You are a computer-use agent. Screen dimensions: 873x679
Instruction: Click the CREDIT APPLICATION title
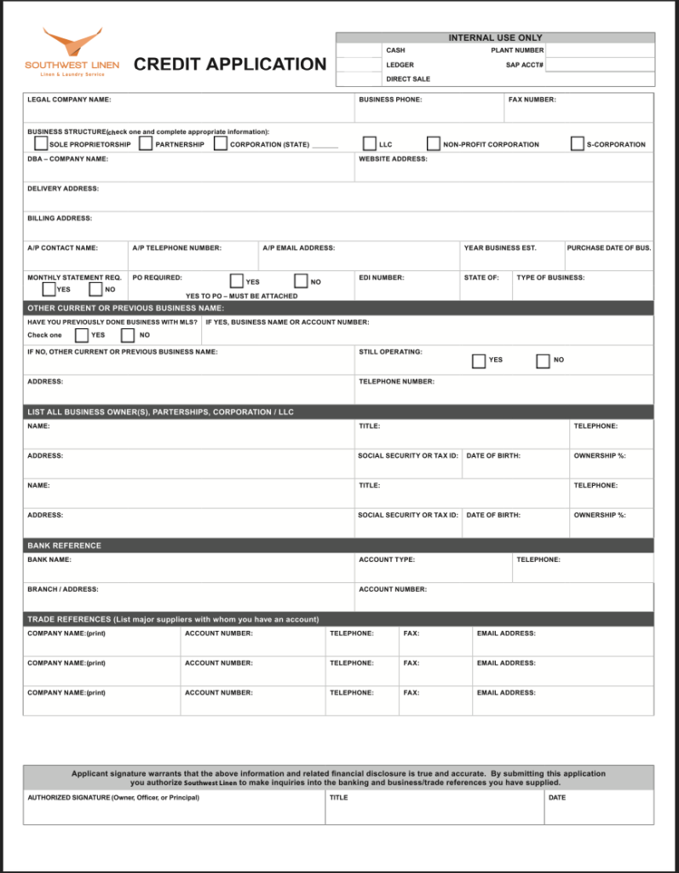pos(230,64)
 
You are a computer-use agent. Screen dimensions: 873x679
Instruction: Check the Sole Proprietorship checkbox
pos(41,143)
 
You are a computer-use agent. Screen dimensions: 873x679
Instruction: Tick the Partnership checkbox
pos(146,143)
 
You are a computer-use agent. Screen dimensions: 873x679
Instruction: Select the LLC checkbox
pos(370,143)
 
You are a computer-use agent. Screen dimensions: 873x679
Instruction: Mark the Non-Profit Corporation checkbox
pos(434,143)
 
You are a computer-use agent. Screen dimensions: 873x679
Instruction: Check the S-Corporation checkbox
pos(578,143)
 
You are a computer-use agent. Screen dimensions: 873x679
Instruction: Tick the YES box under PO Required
pos(237,280)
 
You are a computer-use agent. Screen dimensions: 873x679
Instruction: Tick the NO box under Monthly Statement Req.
pos(96,289)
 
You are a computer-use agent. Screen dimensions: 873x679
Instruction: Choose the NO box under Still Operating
pos(543,361)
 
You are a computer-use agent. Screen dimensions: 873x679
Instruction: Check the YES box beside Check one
pos(82,335)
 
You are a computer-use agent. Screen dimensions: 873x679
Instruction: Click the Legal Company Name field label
pos(69,100)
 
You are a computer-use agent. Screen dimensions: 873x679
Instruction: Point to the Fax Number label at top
pos(532,100)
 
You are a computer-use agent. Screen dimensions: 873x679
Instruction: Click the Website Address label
pos(393,159)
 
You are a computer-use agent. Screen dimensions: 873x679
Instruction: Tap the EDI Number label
pos(381,277)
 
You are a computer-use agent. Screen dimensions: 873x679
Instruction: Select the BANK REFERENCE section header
pos(64,546)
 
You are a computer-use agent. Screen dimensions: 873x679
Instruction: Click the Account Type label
pos(387,559)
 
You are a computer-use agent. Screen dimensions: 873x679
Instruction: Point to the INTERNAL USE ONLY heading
pos(495,38)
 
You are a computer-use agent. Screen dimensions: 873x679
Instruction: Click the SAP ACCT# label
pos(525,65)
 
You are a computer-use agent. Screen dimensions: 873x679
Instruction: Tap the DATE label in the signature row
pos(556,798)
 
